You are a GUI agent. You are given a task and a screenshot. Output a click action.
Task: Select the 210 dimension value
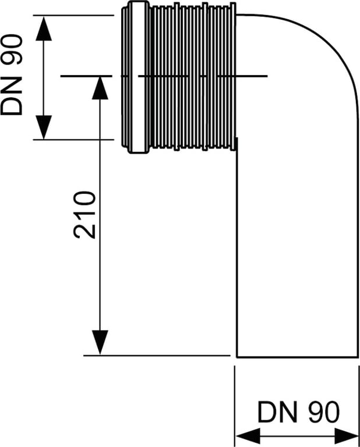(85, 214)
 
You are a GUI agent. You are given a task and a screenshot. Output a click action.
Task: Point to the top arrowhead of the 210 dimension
(100, 87)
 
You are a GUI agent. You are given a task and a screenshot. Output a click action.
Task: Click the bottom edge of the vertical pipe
(297, 357)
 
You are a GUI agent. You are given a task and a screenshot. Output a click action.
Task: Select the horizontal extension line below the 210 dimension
(157, 355)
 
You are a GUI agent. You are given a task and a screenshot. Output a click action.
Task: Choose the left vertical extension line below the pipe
(234, 402)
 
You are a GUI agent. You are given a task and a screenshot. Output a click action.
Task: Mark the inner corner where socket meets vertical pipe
(236, 150)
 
